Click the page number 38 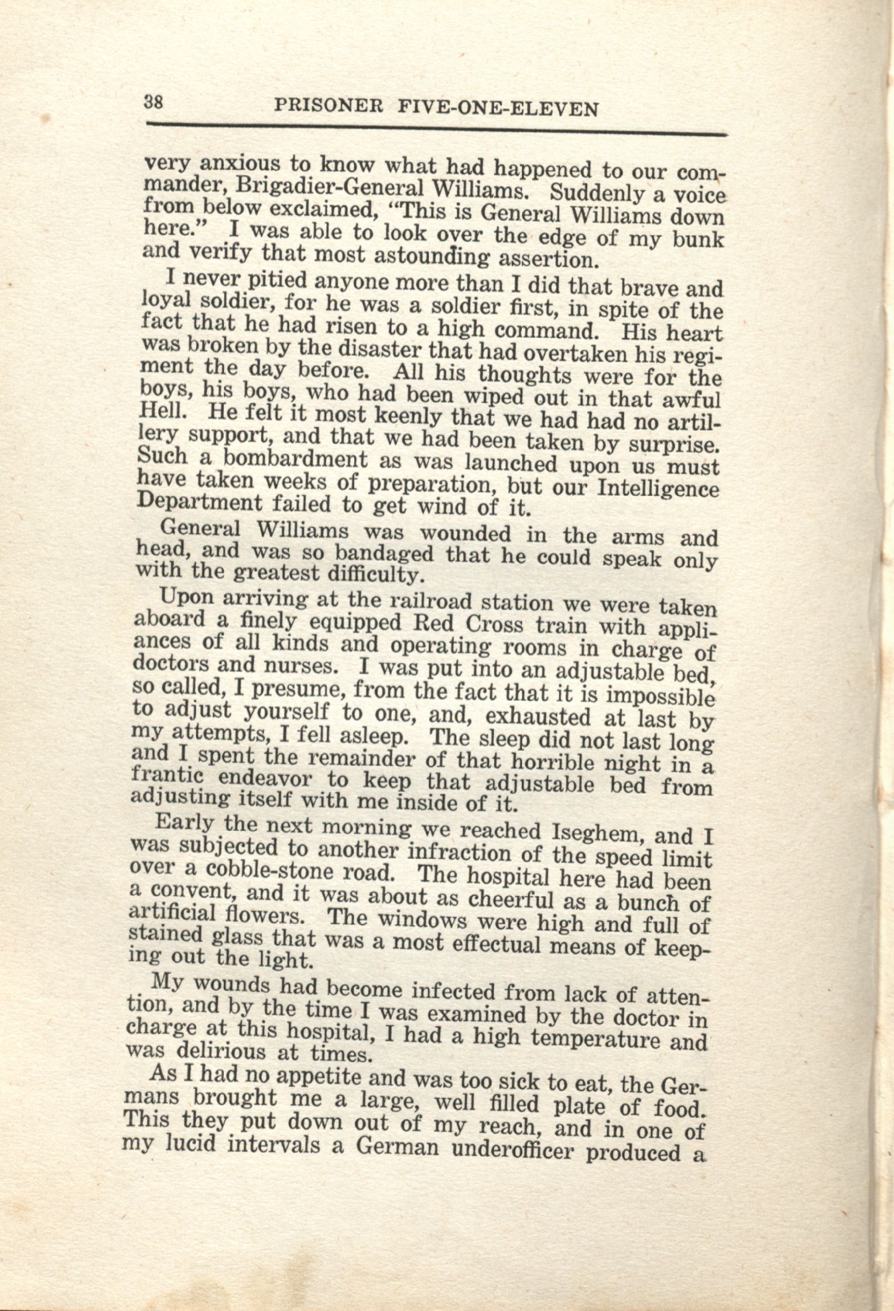pyautogui.click(x=153, y=102)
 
